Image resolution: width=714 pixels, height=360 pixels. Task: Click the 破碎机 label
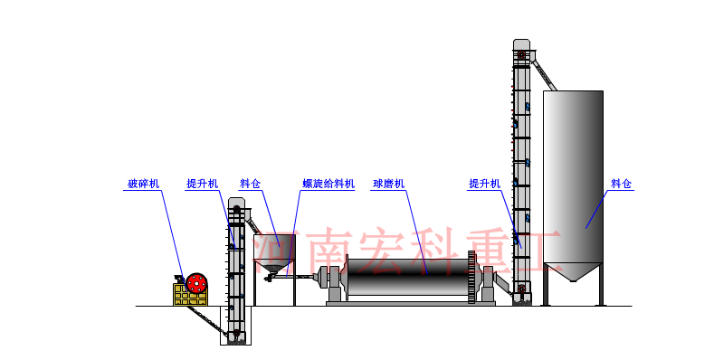(x=143, y=184)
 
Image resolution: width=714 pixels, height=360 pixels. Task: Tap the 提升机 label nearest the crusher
(x=202, y=184)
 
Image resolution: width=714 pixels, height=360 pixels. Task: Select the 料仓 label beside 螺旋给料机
(x=250, y=184)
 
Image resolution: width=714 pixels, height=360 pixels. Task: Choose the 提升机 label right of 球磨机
(x=484, y=184)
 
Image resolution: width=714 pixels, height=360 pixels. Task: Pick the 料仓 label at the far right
(x=622, y=184)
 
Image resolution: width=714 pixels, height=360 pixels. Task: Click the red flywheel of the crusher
(x=196, y=283)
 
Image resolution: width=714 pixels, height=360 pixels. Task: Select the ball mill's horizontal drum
(x=407, y=276)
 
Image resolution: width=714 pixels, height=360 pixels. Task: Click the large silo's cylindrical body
(x=573, y=172)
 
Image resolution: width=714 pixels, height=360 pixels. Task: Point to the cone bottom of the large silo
(x=573, y=271)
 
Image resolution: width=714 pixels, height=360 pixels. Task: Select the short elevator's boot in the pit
(x=236, y=336)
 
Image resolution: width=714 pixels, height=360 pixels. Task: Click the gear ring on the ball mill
(x=471, y=277)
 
